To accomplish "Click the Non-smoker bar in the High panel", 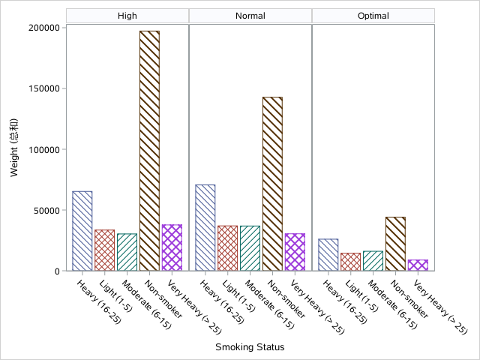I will click(x=150, y=151).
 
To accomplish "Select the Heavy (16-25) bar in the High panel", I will click(x=82, y=231).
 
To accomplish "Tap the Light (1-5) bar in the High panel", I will click(x=105, y=250).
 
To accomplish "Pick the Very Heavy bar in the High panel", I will click(x=172, y=247).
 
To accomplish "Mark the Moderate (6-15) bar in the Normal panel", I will click(x=250, y=248).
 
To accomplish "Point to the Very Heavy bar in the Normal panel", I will click(x=295, y=252).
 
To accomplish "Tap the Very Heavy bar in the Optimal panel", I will click(x=418, y=265).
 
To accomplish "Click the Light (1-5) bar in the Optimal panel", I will click(x=351, y=262).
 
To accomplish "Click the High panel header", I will click(x=127, y=16).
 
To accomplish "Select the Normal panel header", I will click(x=250, y=16).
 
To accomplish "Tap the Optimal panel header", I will click(x=373, y=16).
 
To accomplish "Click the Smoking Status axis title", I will click(x=250, y=347).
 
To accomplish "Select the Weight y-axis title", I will click(x=14, y=149).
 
